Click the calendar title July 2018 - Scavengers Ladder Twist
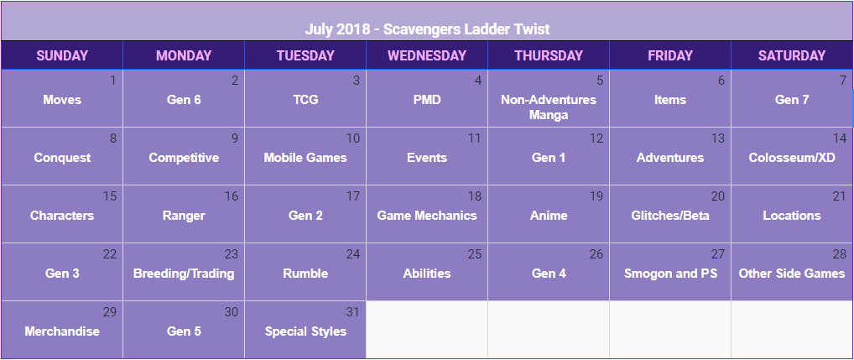point(427,29)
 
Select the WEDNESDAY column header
point(427,55)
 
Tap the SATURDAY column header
point(792,55)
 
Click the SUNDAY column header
point(62,55)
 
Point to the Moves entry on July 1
point(62,100)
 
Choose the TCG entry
point(305,100)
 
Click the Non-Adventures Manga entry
point(549,107)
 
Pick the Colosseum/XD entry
point(792,158)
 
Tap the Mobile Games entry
point(305,158)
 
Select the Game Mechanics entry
point(427,216)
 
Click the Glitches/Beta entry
point(670,216)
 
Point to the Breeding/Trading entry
point(184,274)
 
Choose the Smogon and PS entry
point(670,274)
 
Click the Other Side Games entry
point(792,274)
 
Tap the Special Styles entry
point(305,331)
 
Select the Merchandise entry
point(62,331)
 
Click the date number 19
point(596,196)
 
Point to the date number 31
point(353,312)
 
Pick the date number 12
point(596,138)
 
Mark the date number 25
point(474,253)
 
